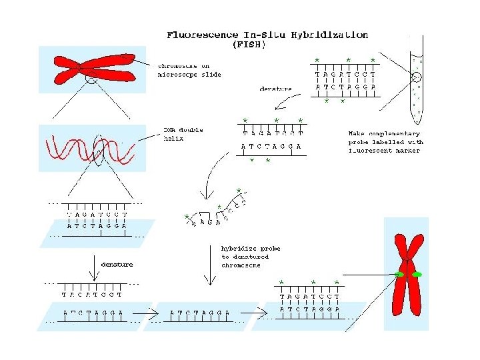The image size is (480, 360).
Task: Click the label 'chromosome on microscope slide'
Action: (x=189, y=70)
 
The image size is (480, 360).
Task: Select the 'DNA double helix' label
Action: (x=183, y=134)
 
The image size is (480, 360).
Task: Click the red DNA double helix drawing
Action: (x=90, y=150)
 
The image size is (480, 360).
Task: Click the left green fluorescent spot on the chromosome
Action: (x=399, y=275)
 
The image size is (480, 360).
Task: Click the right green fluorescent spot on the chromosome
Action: (x=417, y=275)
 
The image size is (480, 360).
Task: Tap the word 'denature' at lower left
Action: (x=117, y=265)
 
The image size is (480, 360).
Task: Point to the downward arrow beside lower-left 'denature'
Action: (x=91, y=268)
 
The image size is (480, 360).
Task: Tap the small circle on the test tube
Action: (x=417, y=87)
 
